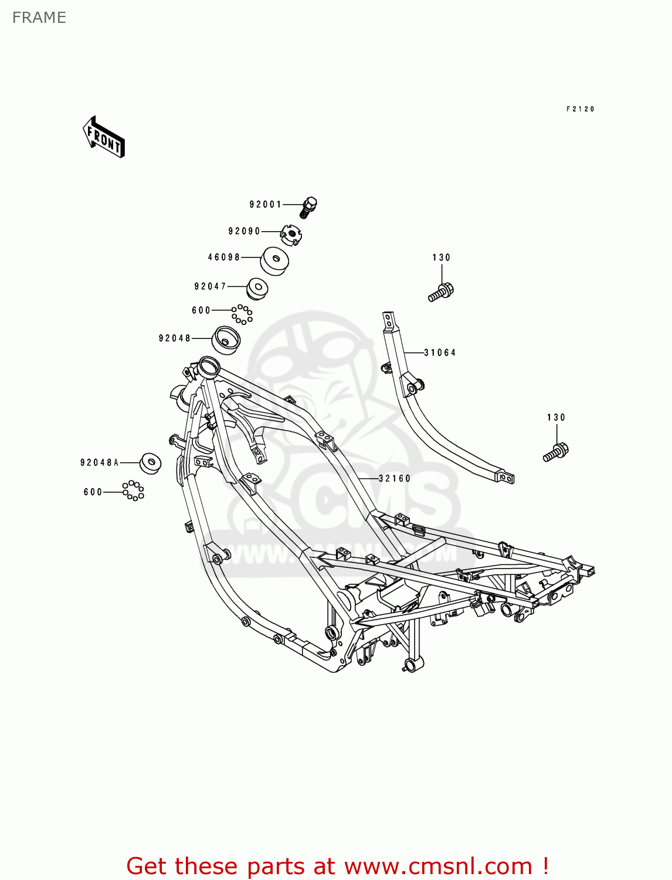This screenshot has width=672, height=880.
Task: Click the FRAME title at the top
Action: (39, 18)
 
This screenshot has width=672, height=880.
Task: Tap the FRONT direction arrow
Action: (104, 137)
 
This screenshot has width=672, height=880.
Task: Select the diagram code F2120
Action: (580, 109)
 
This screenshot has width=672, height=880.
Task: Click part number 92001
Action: (266, 205)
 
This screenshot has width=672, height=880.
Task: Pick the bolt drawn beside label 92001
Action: (308, 207)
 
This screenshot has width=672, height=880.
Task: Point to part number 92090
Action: (244, 231)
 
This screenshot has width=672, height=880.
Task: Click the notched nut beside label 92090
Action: (291, 234)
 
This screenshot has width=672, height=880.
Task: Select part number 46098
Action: (224, 258)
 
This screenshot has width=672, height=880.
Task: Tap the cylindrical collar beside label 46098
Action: (274, 261)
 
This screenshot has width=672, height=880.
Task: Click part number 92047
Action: (210, 287)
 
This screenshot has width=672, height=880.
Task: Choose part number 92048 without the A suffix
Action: (175, 339)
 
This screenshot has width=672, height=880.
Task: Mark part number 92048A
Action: (100, 463)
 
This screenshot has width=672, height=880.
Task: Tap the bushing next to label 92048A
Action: (150, 463)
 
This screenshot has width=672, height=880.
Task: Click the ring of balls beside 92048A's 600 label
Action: (133, 490)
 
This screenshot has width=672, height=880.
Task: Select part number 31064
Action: (440, 353)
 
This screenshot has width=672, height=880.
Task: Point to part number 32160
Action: (395, 479)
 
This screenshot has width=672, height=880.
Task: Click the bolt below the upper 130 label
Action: (441, 292)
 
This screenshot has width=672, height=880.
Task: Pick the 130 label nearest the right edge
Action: (556, 418)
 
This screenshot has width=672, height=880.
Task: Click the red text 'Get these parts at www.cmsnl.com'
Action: (337, 866)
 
